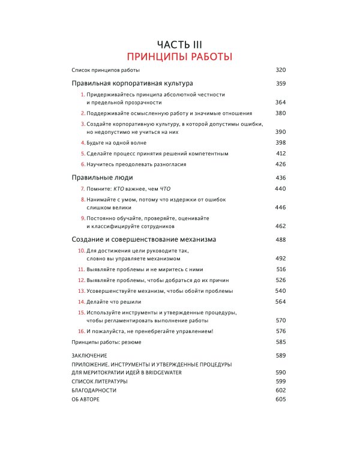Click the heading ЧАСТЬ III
click(179, 44)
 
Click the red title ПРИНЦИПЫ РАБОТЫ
click(179, 57)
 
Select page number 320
click(281, 70)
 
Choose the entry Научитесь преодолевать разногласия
click(136, 164)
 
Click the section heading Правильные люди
click(102, 178)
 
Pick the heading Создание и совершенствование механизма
click(143, 239)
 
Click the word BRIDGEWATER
click(177, 373)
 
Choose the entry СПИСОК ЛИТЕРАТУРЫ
click(99, 382)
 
